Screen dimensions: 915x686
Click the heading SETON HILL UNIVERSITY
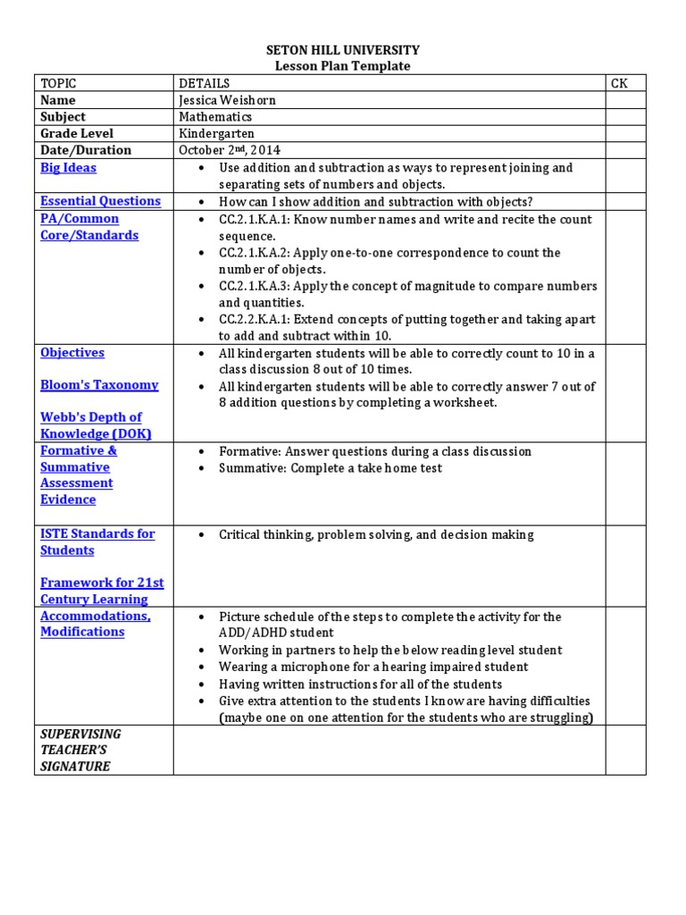point(343,51)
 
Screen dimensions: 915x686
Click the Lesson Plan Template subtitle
point(343,66)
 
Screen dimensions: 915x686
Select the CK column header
point(619,83)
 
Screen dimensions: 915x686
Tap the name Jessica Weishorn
point(228,100)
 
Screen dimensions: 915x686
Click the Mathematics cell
point(215,117)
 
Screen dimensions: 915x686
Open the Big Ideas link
point(68,168)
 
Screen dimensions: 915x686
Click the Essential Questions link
point(100,201)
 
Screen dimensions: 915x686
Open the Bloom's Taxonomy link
point(99,385)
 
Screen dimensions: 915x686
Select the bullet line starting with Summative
point(330,468)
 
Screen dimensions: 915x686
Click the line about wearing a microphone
point(373,667)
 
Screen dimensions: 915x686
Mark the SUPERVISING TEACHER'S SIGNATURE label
point(80,750)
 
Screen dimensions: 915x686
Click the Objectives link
point(72,353)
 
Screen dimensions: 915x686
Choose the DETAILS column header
point(205,83)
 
